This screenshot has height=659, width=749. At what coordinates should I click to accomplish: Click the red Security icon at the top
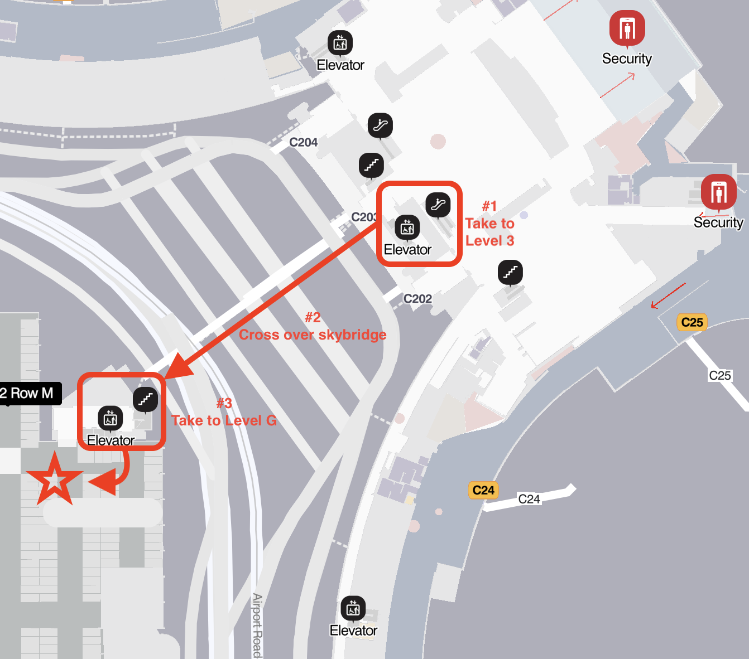click(x=627, y=28)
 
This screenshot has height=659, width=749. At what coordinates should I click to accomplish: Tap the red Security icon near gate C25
click(x=718, y=192)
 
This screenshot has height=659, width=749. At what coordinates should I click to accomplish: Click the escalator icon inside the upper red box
click(x=438, y=205)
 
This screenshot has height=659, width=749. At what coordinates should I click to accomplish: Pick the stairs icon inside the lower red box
click(x=145, y=399)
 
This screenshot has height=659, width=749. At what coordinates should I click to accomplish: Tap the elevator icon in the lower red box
click(x=111, y=419)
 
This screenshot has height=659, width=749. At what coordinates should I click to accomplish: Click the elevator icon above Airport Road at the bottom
click(x=353, y=609)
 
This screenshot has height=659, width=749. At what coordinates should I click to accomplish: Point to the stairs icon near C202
click(x=510, y=273)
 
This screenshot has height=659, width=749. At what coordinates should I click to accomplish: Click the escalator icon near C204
click(x=380, y=125)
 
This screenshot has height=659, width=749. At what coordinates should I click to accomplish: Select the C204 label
click(x=303, y=143)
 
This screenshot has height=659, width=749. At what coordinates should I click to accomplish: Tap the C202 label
click(x=417, y=299)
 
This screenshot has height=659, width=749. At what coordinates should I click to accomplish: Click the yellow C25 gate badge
click(x=692, y=322)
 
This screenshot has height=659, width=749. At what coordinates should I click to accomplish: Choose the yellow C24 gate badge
click(x=483, y=491)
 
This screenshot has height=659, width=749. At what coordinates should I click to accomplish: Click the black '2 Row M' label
click(x=28, y=394)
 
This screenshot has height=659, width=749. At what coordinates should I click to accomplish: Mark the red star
click(x=54, y=480)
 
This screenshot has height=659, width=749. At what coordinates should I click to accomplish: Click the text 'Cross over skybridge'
click(x=313, y=335)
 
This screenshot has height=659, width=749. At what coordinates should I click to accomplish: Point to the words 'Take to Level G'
click(x=224, y=420)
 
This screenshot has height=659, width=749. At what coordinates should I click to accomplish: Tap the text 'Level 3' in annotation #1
click(x=489, y=241)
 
